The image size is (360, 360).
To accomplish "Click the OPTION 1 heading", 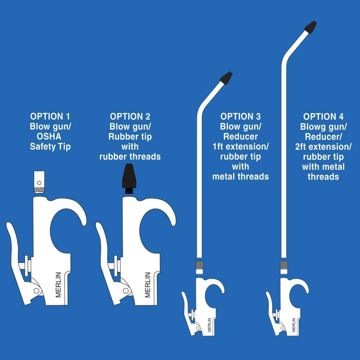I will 50,116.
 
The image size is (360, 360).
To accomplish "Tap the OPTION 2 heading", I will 130,116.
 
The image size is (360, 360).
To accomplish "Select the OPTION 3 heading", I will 240,116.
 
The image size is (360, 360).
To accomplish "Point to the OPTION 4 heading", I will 323,116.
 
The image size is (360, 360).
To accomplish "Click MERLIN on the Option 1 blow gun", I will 58,284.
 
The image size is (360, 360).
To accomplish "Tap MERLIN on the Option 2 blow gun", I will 148,284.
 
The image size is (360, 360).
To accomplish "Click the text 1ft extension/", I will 241,147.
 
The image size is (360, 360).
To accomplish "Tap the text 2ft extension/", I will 323,147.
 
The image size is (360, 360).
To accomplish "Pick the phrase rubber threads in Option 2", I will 130,157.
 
